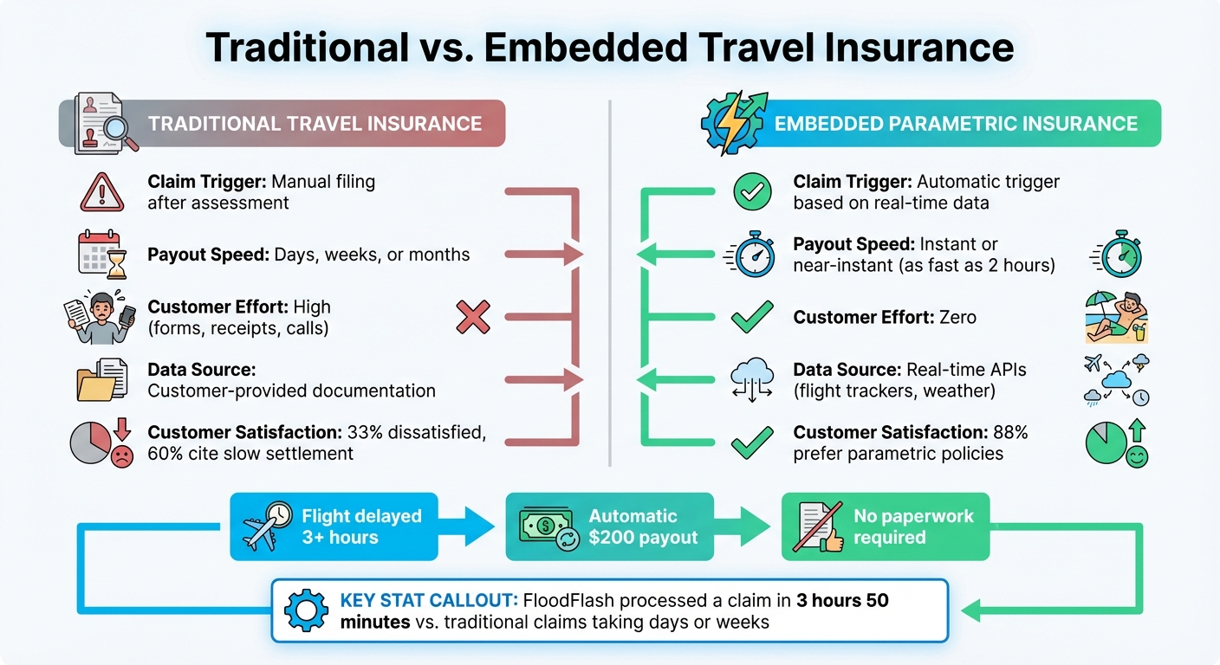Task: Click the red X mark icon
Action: point(472,318)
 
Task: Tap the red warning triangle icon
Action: point(102,191)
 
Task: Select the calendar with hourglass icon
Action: point(102,255)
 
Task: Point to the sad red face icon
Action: point(121,456)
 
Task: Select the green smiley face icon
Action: point(1135,456)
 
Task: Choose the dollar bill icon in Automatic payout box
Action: point(543,526)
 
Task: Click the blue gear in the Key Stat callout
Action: point(307,610)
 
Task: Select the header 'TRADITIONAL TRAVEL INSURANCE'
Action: point(315,123)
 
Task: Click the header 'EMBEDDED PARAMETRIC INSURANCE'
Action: point(955,123)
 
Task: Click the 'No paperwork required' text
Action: point(913,526)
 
